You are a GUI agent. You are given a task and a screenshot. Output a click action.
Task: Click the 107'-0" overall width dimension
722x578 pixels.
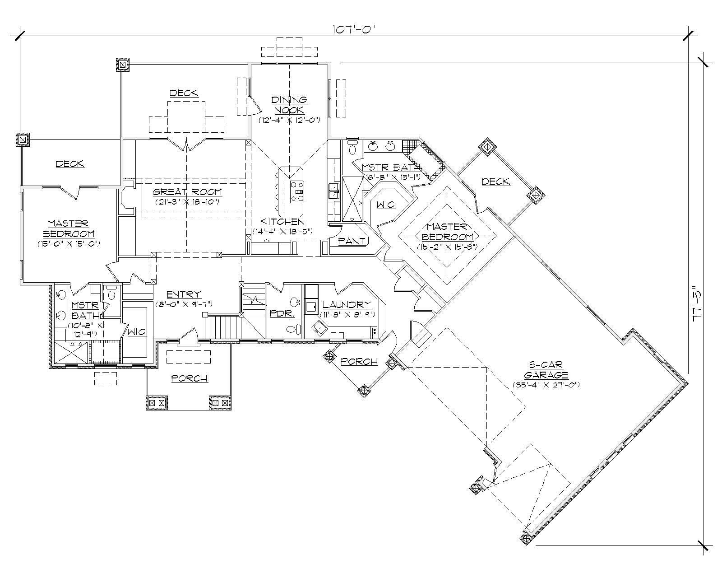pyautogui.click(x=354, y=29)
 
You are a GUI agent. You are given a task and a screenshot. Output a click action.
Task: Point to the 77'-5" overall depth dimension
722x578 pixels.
pyautogui.click(x=697, y=303)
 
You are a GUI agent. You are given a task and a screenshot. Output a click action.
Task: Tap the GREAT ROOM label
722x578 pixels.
pyautogui.click(x=187, y=192)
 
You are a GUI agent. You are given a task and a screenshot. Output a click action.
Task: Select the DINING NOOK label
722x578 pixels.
pyautogui.click(x=289, y=105)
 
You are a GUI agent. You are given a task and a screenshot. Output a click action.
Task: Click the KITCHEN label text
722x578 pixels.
pyautogui.click(x=282, y=222)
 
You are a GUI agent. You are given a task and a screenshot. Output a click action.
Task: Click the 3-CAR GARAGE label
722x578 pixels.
pyautogui.click(x=546, y=370)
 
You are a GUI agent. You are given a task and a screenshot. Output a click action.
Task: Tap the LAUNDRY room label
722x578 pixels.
pyautogui.click(x=347, y=305)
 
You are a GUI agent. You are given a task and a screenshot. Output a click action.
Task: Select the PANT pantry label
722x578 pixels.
pyautogui.click(x=352, y=241)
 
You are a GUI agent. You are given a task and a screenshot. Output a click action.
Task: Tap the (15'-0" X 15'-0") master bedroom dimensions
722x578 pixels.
pyautogui.click(x=69, y=243)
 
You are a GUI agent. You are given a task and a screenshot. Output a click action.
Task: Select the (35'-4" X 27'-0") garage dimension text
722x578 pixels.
pyautogui.click(x=546, y=385)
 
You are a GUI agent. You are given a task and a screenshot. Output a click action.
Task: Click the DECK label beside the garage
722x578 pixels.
pyautogui.click(x=495, y=182)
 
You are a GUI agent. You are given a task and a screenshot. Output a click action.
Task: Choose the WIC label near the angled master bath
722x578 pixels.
pyautogui.click(x=385, y=205)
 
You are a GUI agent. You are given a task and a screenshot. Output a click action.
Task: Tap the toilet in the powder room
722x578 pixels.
pyautogui.click(x=293, y=329)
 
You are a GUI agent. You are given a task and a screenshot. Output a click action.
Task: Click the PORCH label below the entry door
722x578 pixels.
pyautogui.click(x=190, y=378)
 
